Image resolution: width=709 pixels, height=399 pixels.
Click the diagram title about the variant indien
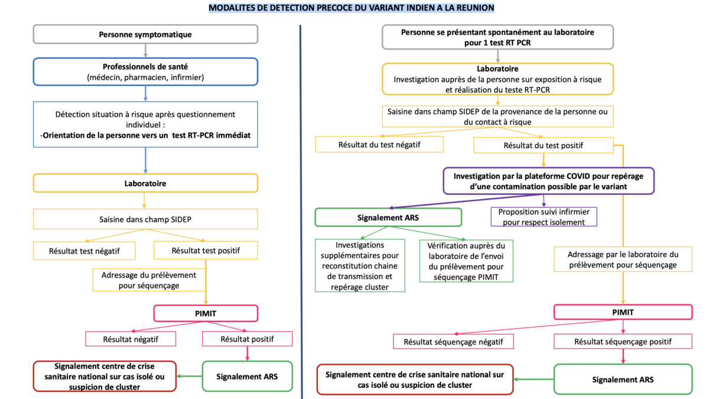(x=352, y=8)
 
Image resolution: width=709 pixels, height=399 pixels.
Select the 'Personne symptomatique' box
(x=145, y=34)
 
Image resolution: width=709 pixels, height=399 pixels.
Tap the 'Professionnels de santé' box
(x=145, y=72)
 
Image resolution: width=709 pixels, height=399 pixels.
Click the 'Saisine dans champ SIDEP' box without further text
(x=145, y=219)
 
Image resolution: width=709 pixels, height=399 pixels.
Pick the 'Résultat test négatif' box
(x=84, y=251)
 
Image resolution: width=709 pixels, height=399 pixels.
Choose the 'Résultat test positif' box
(x=206, y=251)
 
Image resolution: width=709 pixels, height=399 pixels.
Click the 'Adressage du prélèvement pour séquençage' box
(x=149, y=280)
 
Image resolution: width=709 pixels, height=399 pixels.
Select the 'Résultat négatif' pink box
(x=131, y=339)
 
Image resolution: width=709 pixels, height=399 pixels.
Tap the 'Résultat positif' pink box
(x=247, y=339)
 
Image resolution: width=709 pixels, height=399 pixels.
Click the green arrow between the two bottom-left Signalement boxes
(x=189, y=376)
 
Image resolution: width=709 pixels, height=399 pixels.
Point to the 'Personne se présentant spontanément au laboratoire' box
(x=497, y=37)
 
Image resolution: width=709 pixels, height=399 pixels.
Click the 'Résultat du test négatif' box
(x=379, y=144)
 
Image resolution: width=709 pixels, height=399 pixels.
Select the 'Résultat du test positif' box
(x=544, y=145)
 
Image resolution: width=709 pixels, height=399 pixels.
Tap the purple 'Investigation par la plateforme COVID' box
(x=548, y=181)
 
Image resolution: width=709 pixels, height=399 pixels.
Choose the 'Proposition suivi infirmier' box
(x=544, y=217)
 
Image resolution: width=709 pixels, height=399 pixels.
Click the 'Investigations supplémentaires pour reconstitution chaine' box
(x=360, y=265)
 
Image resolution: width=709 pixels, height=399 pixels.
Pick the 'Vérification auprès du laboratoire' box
(x=466, y=261)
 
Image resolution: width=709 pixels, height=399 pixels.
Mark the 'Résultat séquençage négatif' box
(x=453, y=342)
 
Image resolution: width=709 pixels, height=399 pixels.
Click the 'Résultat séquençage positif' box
(x=623, y=342)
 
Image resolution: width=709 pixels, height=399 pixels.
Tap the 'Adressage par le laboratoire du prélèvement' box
(x=623, y=259)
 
